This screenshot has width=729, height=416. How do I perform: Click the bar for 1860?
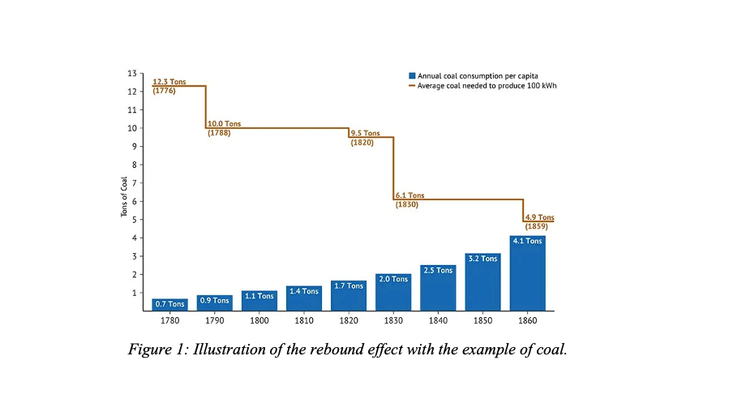pos(527,276)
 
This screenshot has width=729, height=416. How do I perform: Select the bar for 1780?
pos(169,305)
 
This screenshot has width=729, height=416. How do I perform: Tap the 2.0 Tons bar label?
pos(393,279)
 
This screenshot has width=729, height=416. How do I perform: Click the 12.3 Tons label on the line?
pos(169,82)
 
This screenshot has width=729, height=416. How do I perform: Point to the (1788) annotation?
pos(219,132)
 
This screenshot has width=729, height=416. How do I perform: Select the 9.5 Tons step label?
pos(365,133)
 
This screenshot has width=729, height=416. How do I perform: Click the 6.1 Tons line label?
pos(410,195)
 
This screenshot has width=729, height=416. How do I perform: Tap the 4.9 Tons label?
pos(539,217)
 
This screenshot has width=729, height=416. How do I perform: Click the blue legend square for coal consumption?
pos(412,75)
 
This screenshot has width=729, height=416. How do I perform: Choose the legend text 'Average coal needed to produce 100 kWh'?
pos(487,85)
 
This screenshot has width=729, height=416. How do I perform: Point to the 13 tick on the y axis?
pos(131,73)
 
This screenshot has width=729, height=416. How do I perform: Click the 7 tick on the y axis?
pos(134,183)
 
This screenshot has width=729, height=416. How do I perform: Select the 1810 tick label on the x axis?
pos(303,320)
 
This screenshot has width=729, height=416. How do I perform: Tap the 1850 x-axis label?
pos(482,320)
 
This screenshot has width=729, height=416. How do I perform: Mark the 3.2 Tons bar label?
pos(482,259)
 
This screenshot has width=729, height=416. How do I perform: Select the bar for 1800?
pos(259,301)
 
